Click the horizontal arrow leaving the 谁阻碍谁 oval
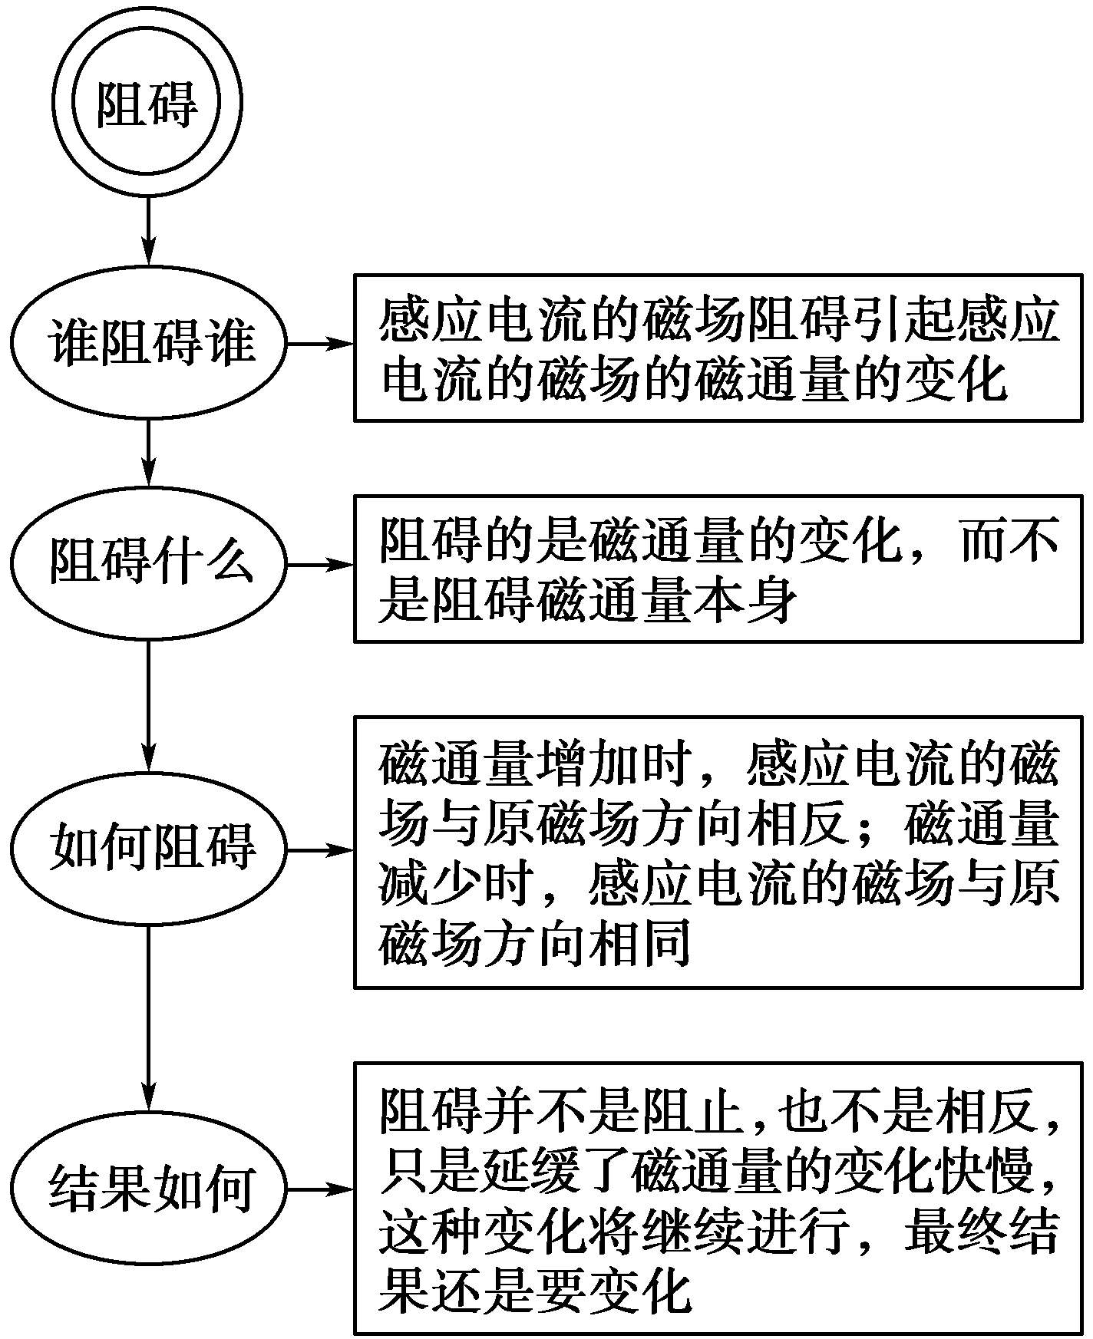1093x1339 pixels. click(x=319, y=343)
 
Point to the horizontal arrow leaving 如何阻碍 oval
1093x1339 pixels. click(x=319, y=849)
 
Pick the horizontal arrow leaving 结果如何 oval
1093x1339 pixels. click(x=319, y=1190)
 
